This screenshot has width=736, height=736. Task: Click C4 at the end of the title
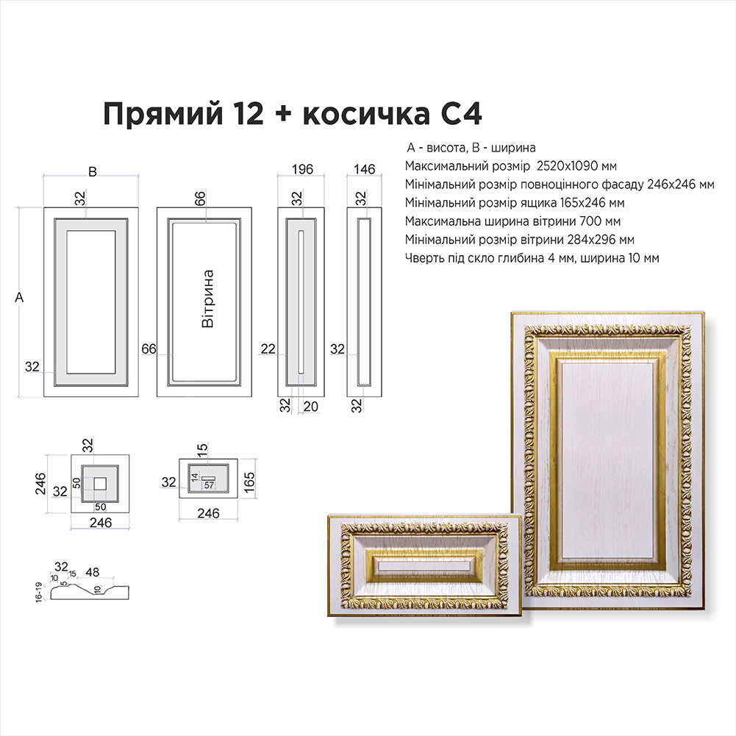(x=462, y=113)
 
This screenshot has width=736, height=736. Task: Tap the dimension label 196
(x=302, y=169)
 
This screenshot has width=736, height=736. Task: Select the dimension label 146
(x=364, y=169)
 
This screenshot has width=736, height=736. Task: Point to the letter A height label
(x=19, y=297)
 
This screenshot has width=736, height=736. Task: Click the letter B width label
(x=93, y=172)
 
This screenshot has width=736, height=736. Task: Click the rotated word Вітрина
(x=207, y=299)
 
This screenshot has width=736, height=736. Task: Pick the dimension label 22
(x=268, y=349)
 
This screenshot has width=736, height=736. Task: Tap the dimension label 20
(x=311, y=407)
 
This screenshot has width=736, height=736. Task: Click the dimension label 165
(x=249, y=482)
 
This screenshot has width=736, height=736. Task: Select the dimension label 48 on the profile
(x=93, y=572)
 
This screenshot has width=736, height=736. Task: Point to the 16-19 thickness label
(x=38, y=592)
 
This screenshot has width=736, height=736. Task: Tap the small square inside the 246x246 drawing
(x=100, y=484)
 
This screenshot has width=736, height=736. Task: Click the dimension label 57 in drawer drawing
(x=209, y=485)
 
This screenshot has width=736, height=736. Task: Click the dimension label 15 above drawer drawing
(x=202, y=449)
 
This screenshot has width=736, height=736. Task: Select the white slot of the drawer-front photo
(x=423, y=568)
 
